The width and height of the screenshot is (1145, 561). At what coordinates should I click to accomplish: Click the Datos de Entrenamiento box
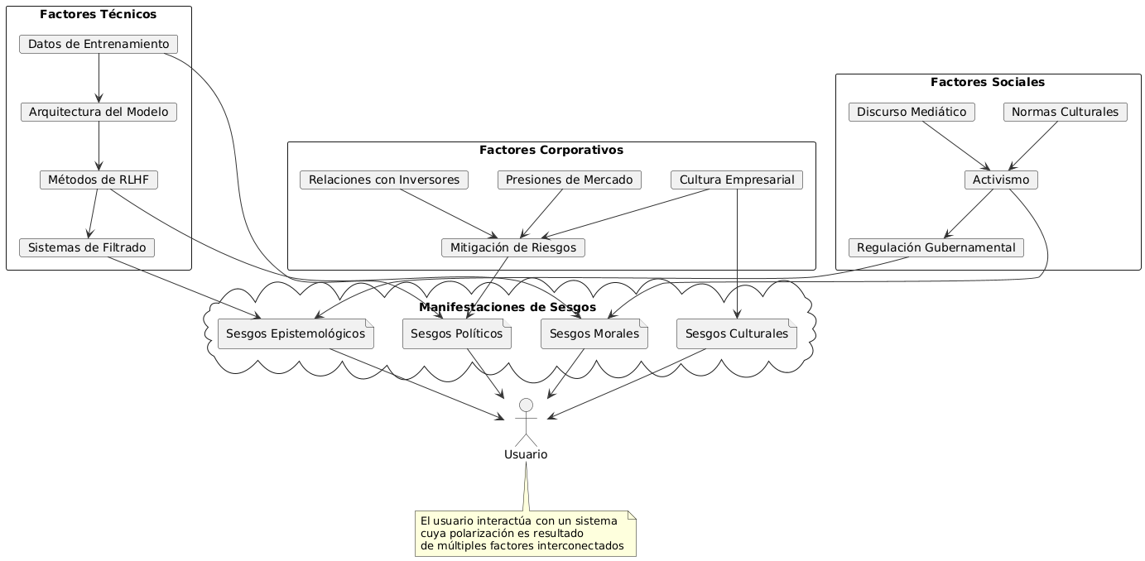(99, 44)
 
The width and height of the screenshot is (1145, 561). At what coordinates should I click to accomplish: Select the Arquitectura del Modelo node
(99, 112)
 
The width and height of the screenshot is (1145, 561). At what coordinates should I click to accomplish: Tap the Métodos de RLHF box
(99, 180)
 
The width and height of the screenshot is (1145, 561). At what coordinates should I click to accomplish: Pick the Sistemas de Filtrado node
(86, 247)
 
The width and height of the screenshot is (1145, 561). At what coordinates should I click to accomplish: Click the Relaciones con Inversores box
(384, 180)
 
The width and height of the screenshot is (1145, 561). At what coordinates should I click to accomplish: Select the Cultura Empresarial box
(736, 180)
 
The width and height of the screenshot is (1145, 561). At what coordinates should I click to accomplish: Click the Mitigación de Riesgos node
(513, 247)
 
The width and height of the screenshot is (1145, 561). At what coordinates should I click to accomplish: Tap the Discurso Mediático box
(912, 112)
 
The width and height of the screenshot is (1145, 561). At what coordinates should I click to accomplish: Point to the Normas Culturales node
(1065, 112)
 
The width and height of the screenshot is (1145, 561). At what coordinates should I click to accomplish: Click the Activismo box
(1000, 180)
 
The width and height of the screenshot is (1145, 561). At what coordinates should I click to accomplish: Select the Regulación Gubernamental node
(936, 247)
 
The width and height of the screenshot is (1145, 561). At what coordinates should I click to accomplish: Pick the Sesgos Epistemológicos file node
(296, 333)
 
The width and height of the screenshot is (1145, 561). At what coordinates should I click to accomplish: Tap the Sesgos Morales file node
(594, 333)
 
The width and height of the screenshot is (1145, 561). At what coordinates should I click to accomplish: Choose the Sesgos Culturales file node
(737, 333)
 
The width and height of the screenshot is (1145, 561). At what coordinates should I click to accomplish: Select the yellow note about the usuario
(525, 533)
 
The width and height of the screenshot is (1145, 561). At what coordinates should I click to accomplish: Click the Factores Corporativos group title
(551, 151)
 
